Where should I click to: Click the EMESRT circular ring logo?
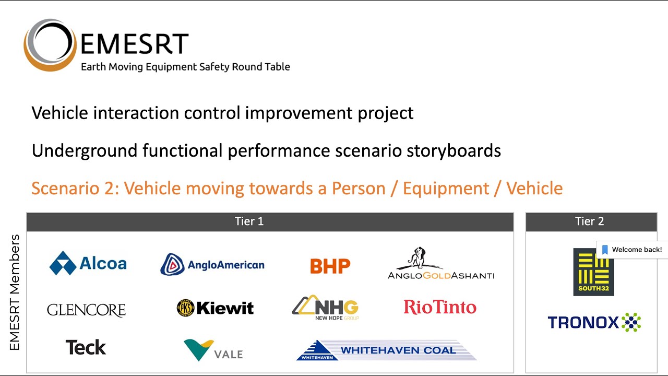[x=50, y=45]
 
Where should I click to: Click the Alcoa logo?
[x=88, y=263]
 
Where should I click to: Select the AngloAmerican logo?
[x=212, y=265]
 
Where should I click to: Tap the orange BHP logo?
[x=330, y=266]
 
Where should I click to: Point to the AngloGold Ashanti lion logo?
[x=440, y=264]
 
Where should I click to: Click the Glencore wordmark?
[x=86, y=310]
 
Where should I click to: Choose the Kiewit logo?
[x=215, y=308]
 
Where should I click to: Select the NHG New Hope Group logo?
[x=326, y=308]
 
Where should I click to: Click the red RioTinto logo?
[x=440, y=307]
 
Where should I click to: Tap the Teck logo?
[x=86, y=347]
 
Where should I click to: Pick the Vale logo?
[x=213, y=350]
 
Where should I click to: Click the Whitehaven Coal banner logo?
[x=386, y=350]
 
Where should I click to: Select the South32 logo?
[x=593, y=272]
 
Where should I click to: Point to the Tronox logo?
[x=594, y=322]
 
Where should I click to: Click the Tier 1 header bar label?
[x=249, y=221]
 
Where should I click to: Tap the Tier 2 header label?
[x=589, y=221]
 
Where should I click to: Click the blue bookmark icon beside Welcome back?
[x=605, y=250]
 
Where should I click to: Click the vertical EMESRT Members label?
[x=15, y=292]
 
